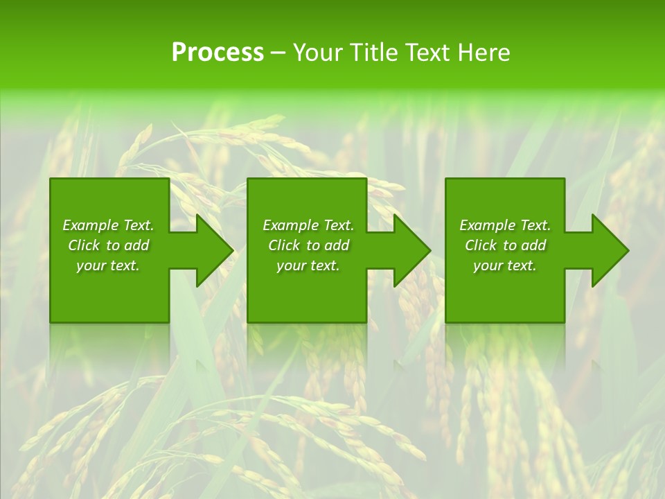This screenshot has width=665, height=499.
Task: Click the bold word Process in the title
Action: pos(217,53)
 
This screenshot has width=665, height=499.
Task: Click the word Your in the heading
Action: pos(318,53)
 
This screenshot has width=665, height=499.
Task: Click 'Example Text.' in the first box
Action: pos(108,225)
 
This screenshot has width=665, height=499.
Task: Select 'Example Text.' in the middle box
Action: pos(308,225)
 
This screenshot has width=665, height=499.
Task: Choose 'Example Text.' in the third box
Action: pos(505,225)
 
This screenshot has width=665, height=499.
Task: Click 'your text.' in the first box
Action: pos(108,265)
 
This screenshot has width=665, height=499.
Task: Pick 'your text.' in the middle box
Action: pos(308,265)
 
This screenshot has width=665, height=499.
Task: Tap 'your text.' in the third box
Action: pos(505,265)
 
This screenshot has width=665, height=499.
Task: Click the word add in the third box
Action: pos(533,245)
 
